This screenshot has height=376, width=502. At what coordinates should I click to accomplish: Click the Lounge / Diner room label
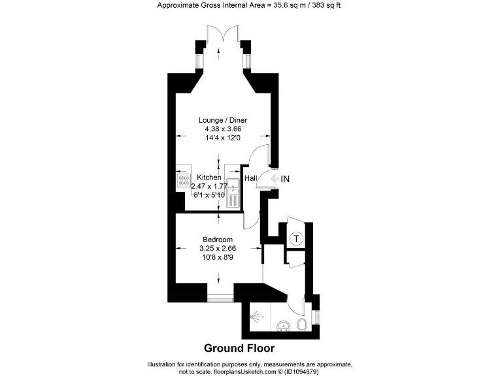click(223, 119)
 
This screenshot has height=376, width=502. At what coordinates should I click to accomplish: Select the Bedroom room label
click(218, 240)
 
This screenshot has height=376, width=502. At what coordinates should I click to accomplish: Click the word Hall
click(250, 178)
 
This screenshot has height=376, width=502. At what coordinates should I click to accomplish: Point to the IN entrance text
click(285, 178)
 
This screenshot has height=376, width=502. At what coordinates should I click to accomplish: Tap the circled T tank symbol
click(296, 239)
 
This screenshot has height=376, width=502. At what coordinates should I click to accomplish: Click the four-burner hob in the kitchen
click(183, 181)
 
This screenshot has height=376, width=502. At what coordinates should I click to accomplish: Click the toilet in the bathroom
click(302, 324)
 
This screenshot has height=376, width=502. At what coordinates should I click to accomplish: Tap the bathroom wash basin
click(284, 326)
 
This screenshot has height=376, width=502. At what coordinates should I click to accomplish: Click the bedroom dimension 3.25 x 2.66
click(218, 248)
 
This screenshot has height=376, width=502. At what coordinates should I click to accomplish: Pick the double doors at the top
click(223, 35)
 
